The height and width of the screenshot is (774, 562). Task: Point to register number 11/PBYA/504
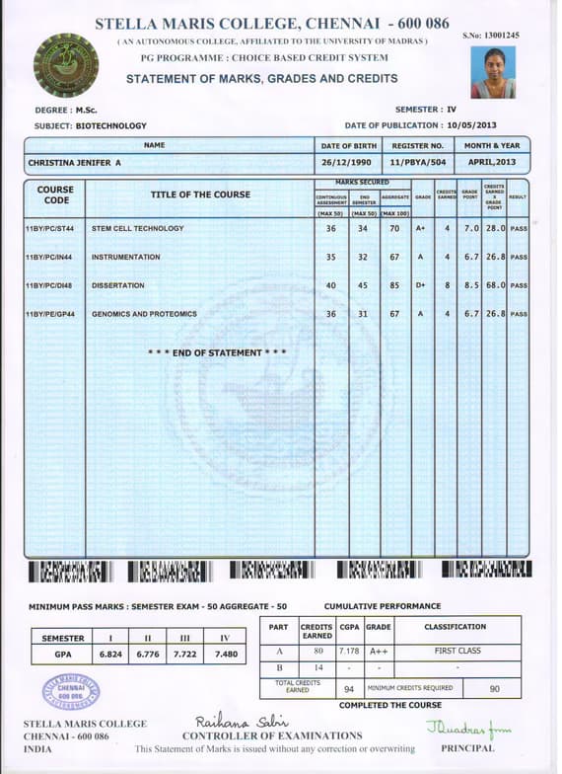tap(418, 162)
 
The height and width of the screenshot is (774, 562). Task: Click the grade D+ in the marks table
tap(421, 285)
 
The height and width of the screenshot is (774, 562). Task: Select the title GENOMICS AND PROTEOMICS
tap(144, 314)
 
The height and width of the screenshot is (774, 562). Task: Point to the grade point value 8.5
tap(470, 285)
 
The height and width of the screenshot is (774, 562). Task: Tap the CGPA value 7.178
tap(349, 652)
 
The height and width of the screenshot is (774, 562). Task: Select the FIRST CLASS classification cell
tap(457, 652)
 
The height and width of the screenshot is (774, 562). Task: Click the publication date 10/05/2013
tap(471, 125)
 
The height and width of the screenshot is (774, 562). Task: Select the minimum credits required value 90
tap(494, 688)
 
